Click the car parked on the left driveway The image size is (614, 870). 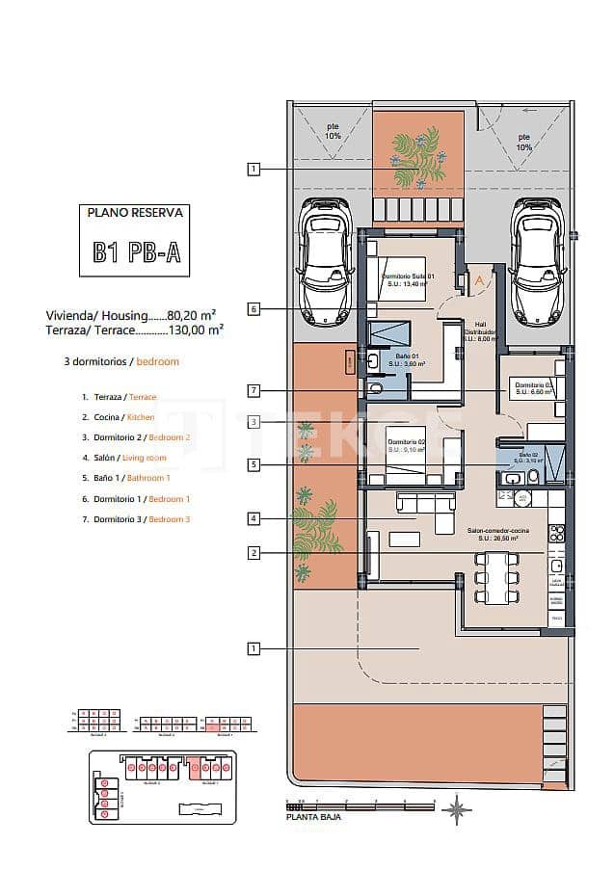coord(326,261)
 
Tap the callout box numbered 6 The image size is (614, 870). coord(254,309)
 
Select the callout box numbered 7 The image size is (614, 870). coord(254,390)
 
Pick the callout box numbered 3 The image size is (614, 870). coord(254,421)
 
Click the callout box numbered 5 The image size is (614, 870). coord(254,464)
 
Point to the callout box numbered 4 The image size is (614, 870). coord(254,518)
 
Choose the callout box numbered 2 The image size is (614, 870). coord(254,552)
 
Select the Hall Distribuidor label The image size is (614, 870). coord(479,331)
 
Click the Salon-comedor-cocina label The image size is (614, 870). coord(496,535)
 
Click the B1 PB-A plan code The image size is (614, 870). coord(135,252)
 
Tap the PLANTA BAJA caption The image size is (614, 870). coord(313,816)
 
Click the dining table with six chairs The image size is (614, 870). coord(497,577)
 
